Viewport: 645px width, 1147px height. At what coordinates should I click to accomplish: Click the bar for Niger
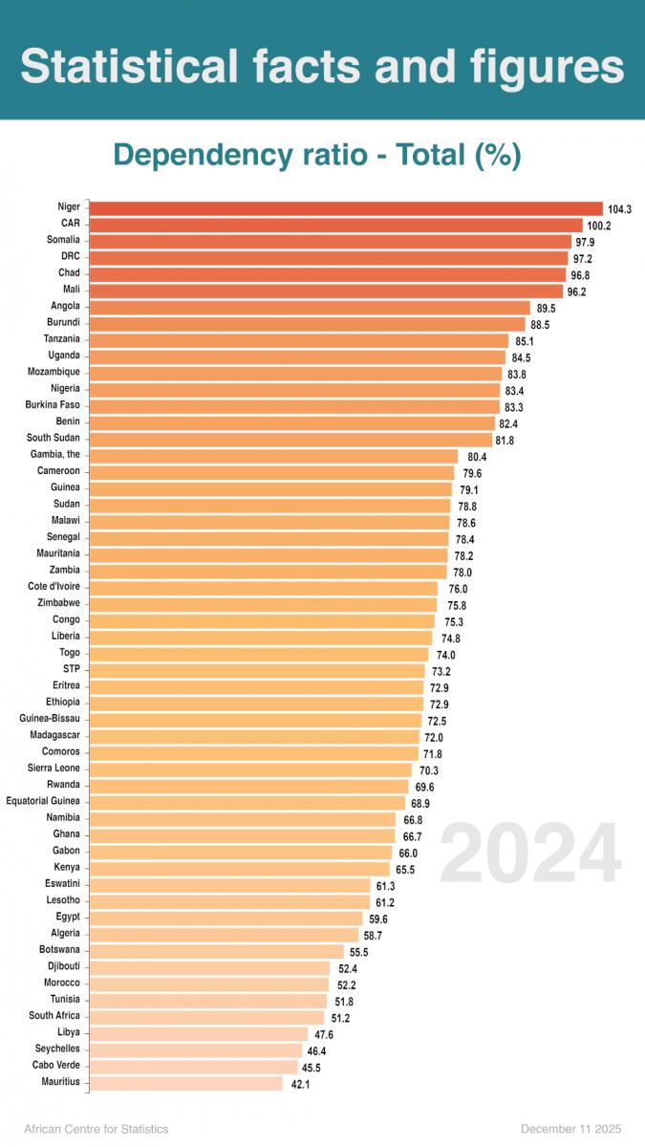346,208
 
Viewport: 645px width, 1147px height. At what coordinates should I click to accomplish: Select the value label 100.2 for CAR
598,226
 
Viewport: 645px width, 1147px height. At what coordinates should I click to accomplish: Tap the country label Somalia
63,240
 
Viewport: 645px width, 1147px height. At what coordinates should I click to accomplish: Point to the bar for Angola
310,307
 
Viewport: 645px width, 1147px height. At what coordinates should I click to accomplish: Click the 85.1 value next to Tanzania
525,341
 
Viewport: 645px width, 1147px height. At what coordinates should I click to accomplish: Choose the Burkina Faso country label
53,405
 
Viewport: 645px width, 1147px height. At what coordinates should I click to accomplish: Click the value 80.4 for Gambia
477,457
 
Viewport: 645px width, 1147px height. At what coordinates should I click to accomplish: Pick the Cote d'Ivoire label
54,587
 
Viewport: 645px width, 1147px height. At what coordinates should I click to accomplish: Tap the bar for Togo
259,653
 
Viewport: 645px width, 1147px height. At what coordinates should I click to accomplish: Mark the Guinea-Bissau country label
50,719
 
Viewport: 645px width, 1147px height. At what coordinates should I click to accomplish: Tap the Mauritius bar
186,1082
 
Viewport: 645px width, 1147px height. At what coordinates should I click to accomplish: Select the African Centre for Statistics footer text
97,1129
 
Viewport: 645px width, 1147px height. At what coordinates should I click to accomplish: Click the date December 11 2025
573,1129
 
